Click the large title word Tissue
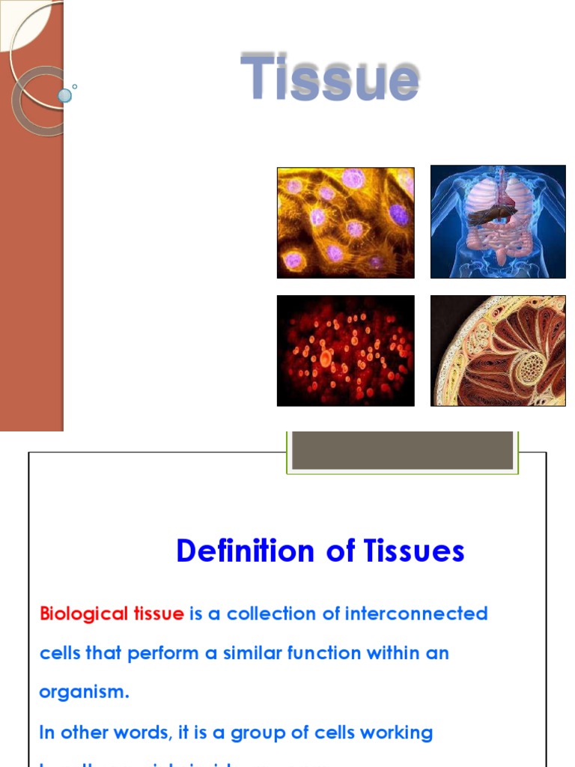(x=329, y=77)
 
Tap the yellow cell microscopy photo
(x=345, y=222)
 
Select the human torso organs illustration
(x=498, y=222)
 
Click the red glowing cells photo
(x=345, y=351)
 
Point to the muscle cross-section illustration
(x=498, y=351)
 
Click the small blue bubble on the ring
(x=65, y=95)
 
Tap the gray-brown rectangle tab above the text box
(x=403, y=450)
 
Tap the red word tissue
(x=158, y=614)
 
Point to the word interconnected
(x=416, y=614)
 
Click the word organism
(x=84, y=693)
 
